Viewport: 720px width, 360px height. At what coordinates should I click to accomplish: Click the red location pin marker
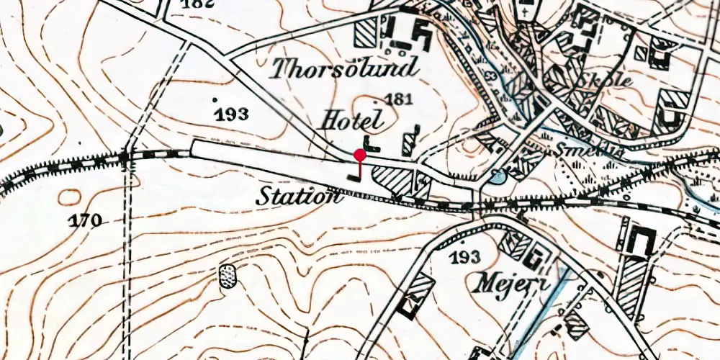(359, 154)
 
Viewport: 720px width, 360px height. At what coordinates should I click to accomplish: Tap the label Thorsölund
(344, 69)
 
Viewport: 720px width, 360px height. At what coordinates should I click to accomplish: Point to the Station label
(299, 195)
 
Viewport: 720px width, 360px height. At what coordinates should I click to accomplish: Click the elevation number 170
(86, 220)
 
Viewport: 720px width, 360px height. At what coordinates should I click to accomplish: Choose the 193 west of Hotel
(232, 114)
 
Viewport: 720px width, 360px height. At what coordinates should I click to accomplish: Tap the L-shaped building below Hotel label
(371, 143)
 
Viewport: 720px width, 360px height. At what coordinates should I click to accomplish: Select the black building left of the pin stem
(352, 174)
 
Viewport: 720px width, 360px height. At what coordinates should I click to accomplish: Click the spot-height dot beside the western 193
(215, 98)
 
